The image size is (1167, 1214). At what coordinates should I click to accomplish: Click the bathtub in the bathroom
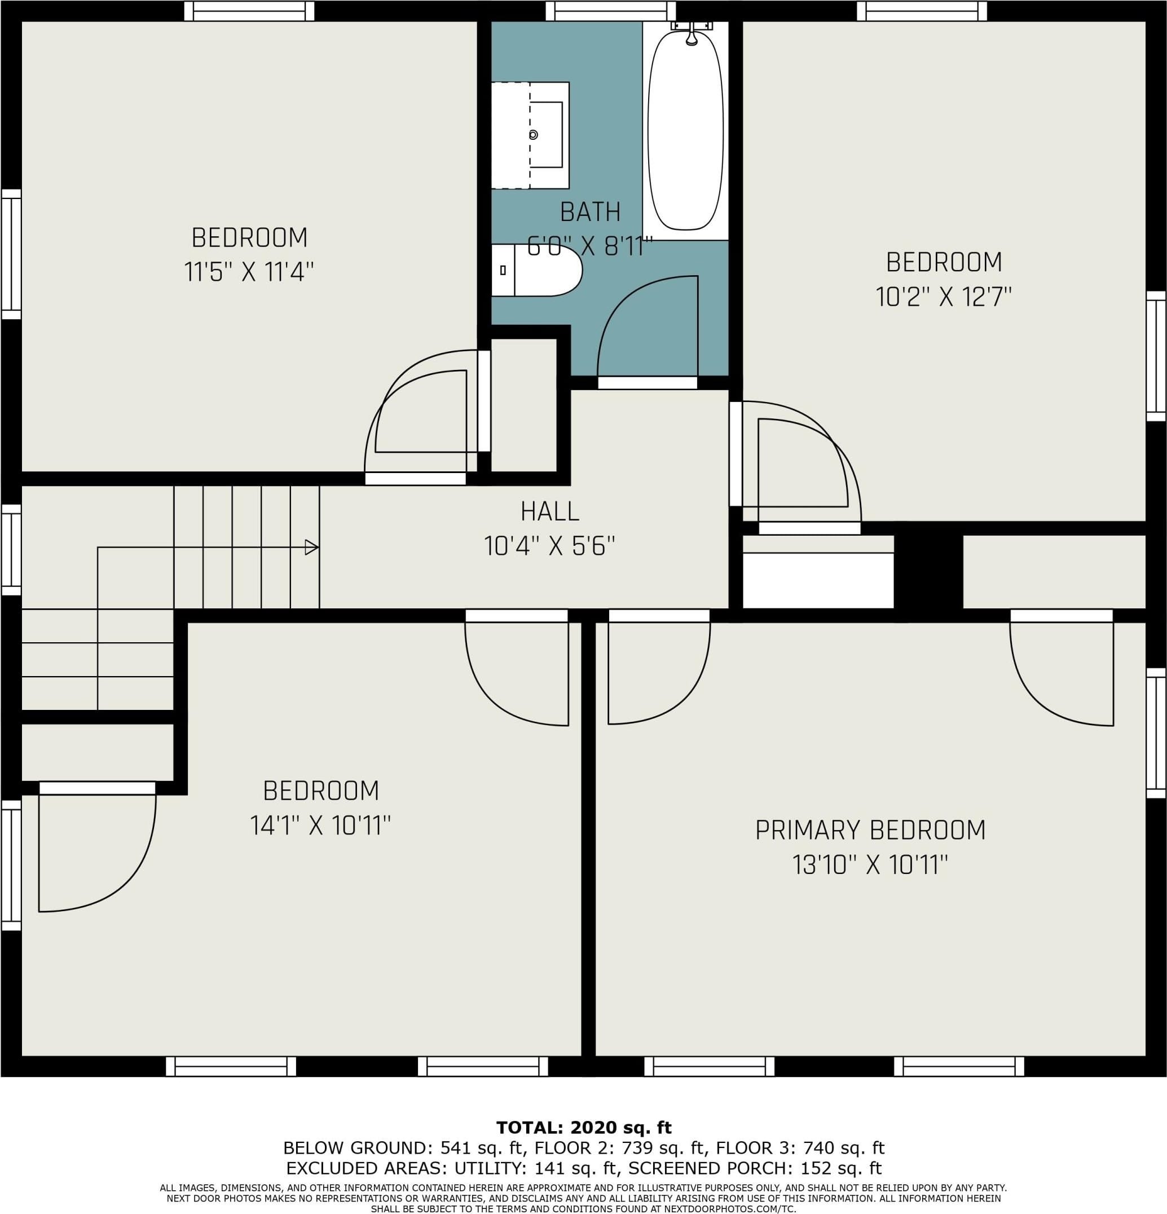tap(685, 131)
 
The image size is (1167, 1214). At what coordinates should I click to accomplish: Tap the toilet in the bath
tap(536, 270)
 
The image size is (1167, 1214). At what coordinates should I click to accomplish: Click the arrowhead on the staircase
tap(312, 547)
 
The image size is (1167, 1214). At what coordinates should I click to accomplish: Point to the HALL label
tap(550, 511)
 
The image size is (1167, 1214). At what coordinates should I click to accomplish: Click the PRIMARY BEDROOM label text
tap(870, 830)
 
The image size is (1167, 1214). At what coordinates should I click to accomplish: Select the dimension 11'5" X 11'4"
tap(249, 272)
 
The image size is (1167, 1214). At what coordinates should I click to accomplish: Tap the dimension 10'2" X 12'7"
tap(944, 297)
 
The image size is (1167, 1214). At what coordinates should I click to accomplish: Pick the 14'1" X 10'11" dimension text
tap(320, 825)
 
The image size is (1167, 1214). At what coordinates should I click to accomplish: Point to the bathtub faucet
tap(692, 33)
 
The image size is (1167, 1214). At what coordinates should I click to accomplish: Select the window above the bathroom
tap(610, 11)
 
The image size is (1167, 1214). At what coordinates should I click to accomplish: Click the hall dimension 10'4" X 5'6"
tap(549, 546)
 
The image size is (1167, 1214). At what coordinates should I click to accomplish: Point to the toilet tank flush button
tap(503, 270)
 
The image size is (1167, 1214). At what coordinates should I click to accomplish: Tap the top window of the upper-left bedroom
tap(249, 11)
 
